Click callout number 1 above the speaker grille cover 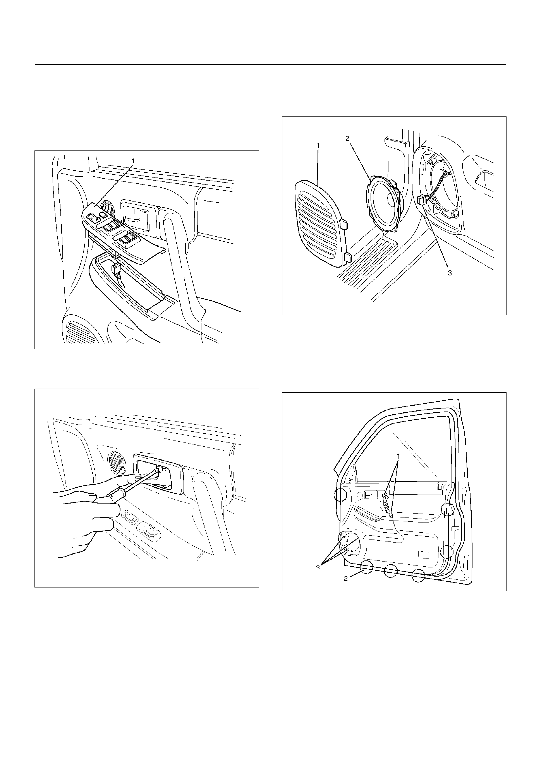(x=318, y=146)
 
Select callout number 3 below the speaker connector (x=450, y=273)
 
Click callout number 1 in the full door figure (x=398, y=455)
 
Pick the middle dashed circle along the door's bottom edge (x=391, y=571)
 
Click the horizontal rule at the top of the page (x=270, y=64)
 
